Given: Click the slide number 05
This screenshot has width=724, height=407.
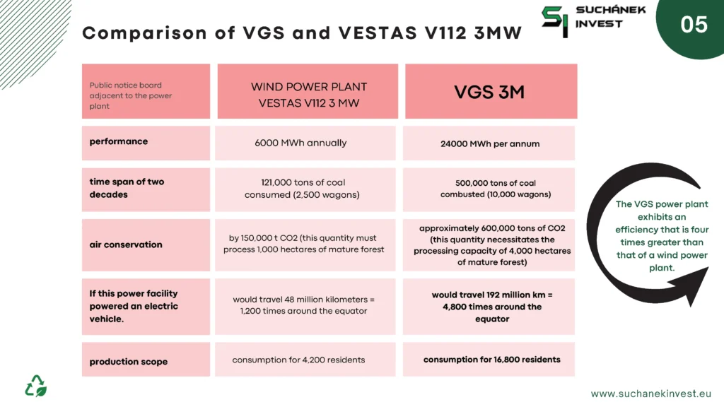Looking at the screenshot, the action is click(x=694, y=25).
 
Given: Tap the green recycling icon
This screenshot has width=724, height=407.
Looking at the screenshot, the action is click(x=35, y=386).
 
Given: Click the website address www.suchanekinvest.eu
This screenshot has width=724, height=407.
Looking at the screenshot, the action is click(x=650, y=394).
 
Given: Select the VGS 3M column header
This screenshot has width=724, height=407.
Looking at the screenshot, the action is click(x=491, y=91).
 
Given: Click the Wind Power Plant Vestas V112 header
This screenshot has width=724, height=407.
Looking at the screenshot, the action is click(x=308, y=91).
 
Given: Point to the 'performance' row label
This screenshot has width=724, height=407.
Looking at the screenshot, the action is click(x=146, y=143).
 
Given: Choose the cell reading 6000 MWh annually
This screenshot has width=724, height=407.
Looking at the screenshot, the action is click(x=305, y=143).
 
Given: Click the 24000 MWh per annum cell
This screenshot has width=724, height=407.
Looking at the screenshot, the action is click(x=489, y=143).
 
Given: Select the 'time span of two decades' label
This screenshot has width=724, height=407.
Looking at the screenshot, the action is click(x=146, y=189).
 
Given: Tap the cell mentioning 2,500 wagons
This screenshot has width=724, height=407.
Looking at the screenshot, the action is click(x=305, y=189).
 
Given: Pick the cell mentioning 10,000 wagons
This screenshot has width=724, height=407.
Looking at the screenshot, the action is click(x=489, y=189).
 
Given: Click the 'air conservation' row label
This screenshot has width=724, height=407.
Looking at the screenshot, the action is click(x=146, y=245).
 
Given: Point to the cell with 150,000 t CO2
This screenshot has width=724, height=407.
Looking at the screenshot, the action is click(x=305, y=245).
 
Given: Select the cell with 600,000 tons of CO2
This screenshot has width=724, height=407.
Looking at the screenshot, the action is click(x=489, y=245).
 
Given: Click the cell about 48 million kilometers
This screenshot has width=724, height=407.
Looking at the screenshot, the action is click(x=305, y=307).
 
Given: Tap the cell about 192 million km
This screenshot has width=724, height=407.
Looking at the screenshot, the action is click(x=489, y=307).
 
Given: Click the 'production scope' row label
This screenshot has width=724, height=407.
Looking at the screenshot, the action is click(x=146, y=360).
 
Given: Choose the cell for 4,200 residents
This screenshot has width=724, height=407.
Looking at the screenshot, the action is click(x=305, y=360).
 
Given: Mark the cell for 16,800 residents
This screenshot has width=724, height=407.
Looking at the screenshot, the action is click(x=489, y=360).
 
